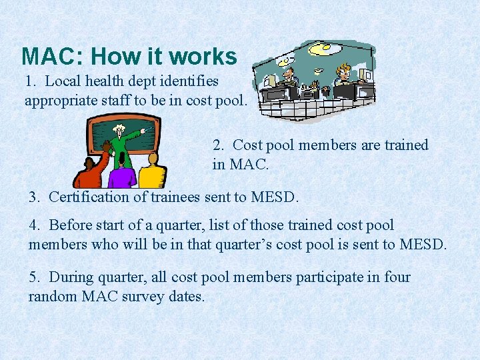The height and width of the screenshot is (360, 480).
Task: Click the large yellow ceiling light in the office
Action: click(x=321, y=49)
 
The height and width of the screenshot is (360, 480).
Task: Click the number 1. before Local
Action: click(x=31, y=81)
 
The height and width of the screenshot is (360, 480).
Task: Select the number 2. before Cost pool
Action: click(x=219, y=145)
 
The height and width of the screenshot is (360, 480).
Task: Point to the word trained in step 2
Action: click(x=406, y=145)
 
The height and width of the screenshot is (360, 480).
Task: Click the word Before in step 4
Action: click(x=71, y=225)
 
